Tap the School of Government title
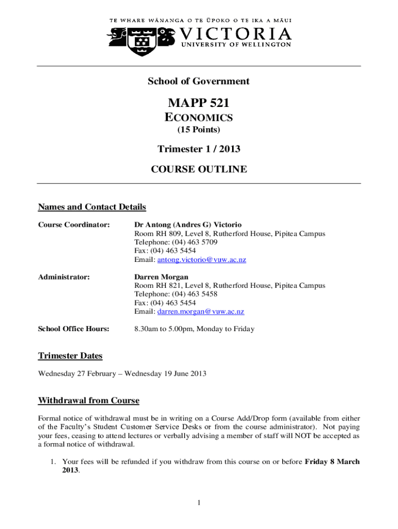pos(198,81)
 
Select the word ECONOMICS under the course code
pos(198,118)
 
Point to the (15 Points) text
pos(198,129)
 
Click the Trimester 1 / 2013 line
pos(198,149)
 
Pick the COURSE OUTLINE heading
pos(198,169)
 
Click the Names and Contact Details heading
pos(92,207)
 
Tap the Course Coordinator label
pos(74,225)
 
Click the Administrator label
pos(64,277)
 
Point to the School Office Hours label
pos(74,329)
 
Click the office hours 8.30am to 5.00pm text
pos(194,329)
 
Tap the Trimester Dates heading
pos(70,355)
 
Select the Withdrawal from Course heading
pos(88,401)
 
